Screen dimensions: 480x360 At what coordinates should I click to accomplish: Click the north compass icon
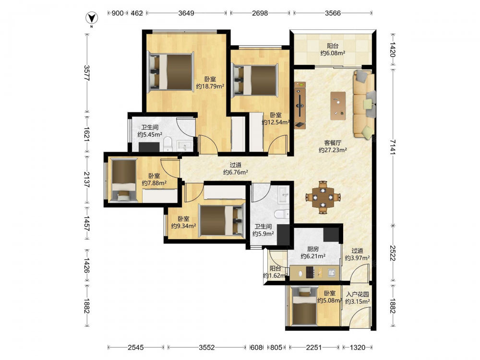click(91, 19)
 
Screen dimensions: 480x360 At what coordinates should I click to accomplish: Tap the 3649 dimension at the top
click(186, 13)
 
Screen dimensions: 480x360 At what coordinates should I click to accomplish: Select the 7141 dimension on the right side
click(393, 147)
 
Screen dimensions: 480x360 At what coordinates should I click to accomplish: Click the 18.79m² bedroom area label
click(210, 83)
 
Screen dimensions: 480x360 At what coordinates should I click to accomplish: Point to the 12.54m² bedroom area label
click(276, 119)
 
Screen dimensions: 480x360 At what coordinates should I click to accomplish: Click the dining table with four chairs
click(323, 197)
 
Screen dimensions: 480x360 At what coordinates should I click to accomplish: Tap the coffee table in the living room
click(338, 106)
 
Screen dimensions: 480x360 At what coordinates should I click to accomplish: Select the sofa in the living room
click(364, 104)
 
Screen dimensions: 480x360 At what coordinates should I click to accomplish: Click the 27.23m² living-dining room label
click(333, 146)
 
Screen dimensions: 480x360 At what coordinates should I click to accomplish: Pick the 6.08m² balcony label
click(333, 49)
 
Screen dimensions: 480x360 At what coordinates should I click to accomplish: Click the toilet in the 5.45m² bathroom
click(168, 144)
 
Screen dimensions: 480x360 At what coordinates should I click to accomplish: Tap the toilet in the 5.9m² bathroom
click(282, 214)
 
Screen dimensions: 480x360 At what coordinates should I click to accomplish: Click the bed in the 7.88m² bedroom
click(124, 180)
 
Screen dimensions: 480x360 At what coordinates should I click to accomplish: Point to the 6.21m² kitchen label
click(313, 252)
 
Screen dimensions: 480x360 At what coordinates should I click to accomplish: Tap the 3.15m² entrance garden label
click(357, 298)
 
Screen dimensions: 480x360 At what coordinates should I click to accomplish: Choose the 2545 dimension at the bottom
click(136, 348)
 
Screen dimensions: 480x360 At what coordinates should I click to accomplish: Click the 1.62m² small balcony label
click(275, 272)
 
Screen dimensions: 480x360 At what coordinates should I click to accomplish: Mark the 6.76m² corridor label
click(235, 168)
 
